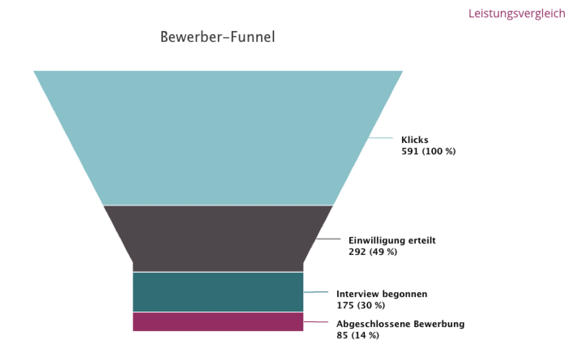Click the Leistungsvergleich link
click(x=516, y=13)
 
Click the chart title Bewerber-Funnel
click(x=218, y=37)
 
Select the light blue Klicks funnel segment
click(x=218, y=137)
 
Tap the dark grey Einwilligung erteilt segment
click(x=218, y=238)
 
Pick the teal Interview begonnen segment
click(x=218, y=291)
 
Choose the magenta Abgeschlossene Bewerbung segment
click(x=218, y=322)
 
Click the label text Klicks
click(x=415, y=140)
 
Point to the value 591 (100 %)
click(x=428, y=151)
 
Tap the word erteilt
click(x=423, y=241)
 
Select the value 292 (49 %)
click(x=373, y=252)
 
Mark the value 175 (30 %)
click(x=361, y=306)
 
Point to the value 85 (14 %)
click(x=358, y=335)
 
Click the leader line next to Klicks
click(x=380, y=138)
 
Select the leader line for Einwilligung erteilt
click(x=328, y=239)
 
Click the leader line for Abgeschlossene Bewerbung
click(x=316, y=322)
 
